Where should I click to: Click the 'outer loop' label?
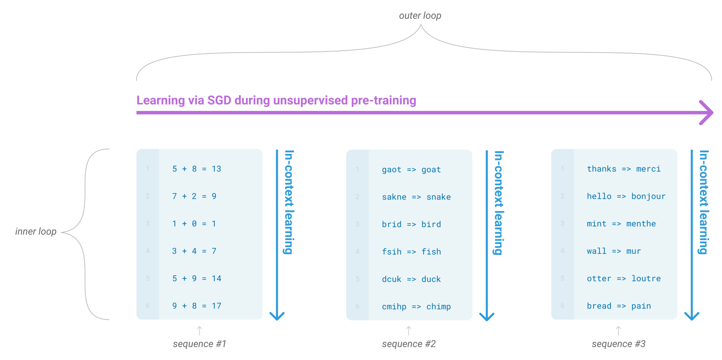coord(420,16)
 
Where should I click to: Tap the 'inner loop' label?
coord(36,232)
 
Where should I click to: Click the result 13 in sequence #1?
coord(216,169)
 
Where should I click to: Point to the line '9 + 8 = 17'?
coord(197,306)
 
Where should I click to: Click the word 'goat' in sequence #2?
coord(431,170)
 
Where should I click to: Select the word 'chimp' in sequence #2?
coord(438,307)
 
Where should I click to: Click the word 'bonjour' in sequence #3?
coord(648,196)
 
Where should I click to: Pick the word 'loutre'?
coord(646,278)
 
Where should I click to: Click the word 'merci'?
coord(648,169)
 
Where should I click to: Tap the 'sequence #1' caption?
coord(199,344)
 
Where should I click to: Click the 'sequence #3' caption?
coord(618,344)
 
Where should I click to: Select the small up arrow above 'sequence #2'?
coord(409,330)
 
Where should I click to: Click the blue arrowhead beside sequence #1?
coord(277,316)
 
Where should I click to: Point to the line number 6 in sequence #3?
coord(562,306)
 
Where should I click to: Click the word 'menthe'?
coord(641,224)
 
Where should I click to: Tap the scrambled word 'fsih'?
coord(392,252)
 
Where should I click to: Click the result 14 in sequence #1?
coord(216,278)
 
